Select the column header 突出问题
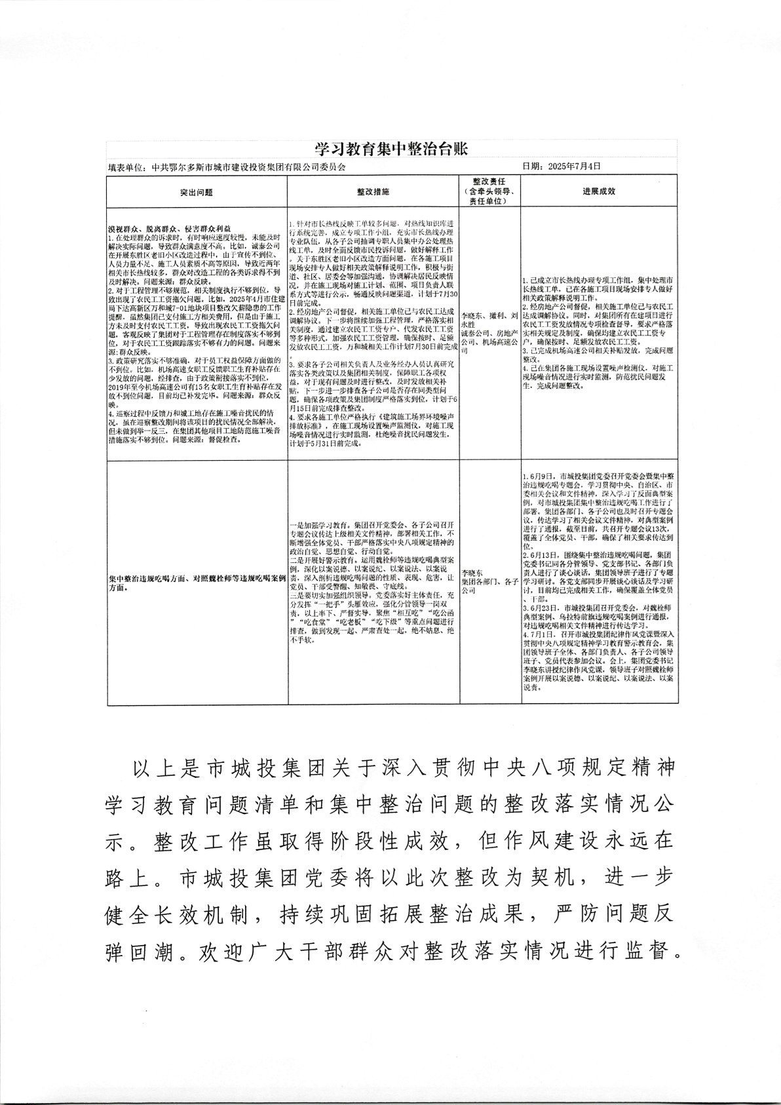[197, 192]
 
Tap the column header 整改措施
[373, 192]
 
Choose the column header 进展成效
[598, 192]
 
